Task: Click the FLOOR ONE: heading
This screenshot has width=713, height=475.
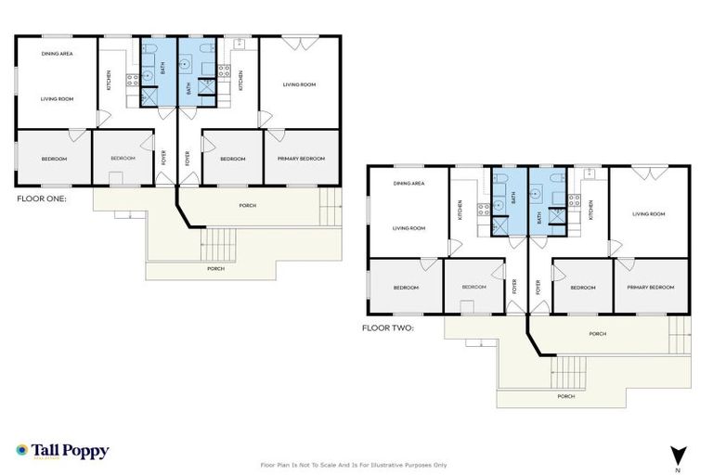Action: [x=42, y=198]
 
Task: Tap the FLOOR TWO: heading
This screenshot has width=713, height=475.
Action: [x=388, y=327]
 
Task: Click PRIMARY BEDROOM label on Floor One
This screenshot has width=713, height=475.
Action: [x=301, y=159]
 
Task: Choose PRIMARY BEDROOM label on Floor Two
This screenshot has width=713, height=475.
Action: [x=650, y=288]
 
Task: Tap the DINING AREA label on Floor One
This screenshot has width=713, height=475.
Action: [x=57, y=54]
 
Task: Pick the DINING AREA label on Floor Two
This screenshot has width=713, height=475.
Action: [x=408, y=184]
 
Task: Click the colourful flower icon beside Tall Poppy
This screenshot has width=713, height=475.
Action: [x=22, y=451]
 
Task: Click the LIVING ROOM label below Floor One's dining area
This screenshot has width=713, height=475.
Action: [x=57, y=97]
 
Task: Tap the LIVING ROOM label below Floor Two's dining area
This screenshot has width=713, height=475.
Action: [x=408, y=227]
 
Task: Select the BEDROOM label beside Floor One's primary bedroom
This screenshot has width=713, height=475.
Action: [x=232, y=159]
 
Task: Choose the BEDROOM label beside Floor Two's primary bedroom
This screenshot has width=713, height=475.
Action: [x=582, y=288]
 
